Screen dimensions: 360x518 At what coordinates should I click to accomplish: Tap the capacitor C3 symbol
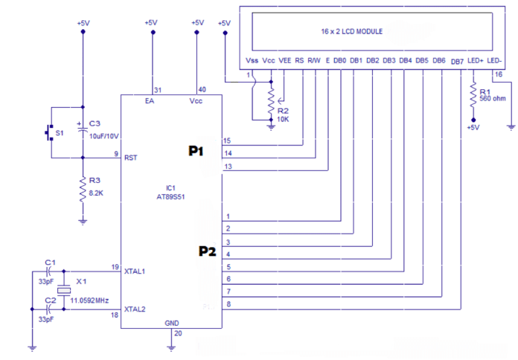pos(83,127)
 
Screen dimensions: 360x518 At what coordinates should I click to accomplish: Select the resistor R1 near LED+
pos(472,93)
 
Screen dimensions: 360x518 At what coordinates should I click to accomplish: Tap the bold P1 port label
pos(196,152)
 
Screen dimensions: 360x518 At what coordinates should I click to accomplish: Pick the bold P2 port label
pos(207,251)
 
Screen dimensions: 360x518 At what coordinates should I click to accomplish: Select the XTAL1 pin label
pos(136,272)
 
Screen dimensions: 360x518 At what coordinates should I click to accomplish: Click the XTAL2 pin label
pos(136,309)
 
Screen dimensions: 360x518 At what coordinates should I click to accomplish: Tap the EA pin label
pos(150,100)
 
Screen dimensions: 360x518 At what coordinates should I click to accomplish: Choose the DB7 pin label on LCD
pos(457,61)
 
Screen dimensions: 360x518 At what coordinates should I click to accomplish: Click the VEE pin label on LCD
pos(284,60)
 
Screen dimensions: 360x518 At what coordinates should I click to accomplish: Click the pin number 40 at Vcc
pos(201,88)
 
